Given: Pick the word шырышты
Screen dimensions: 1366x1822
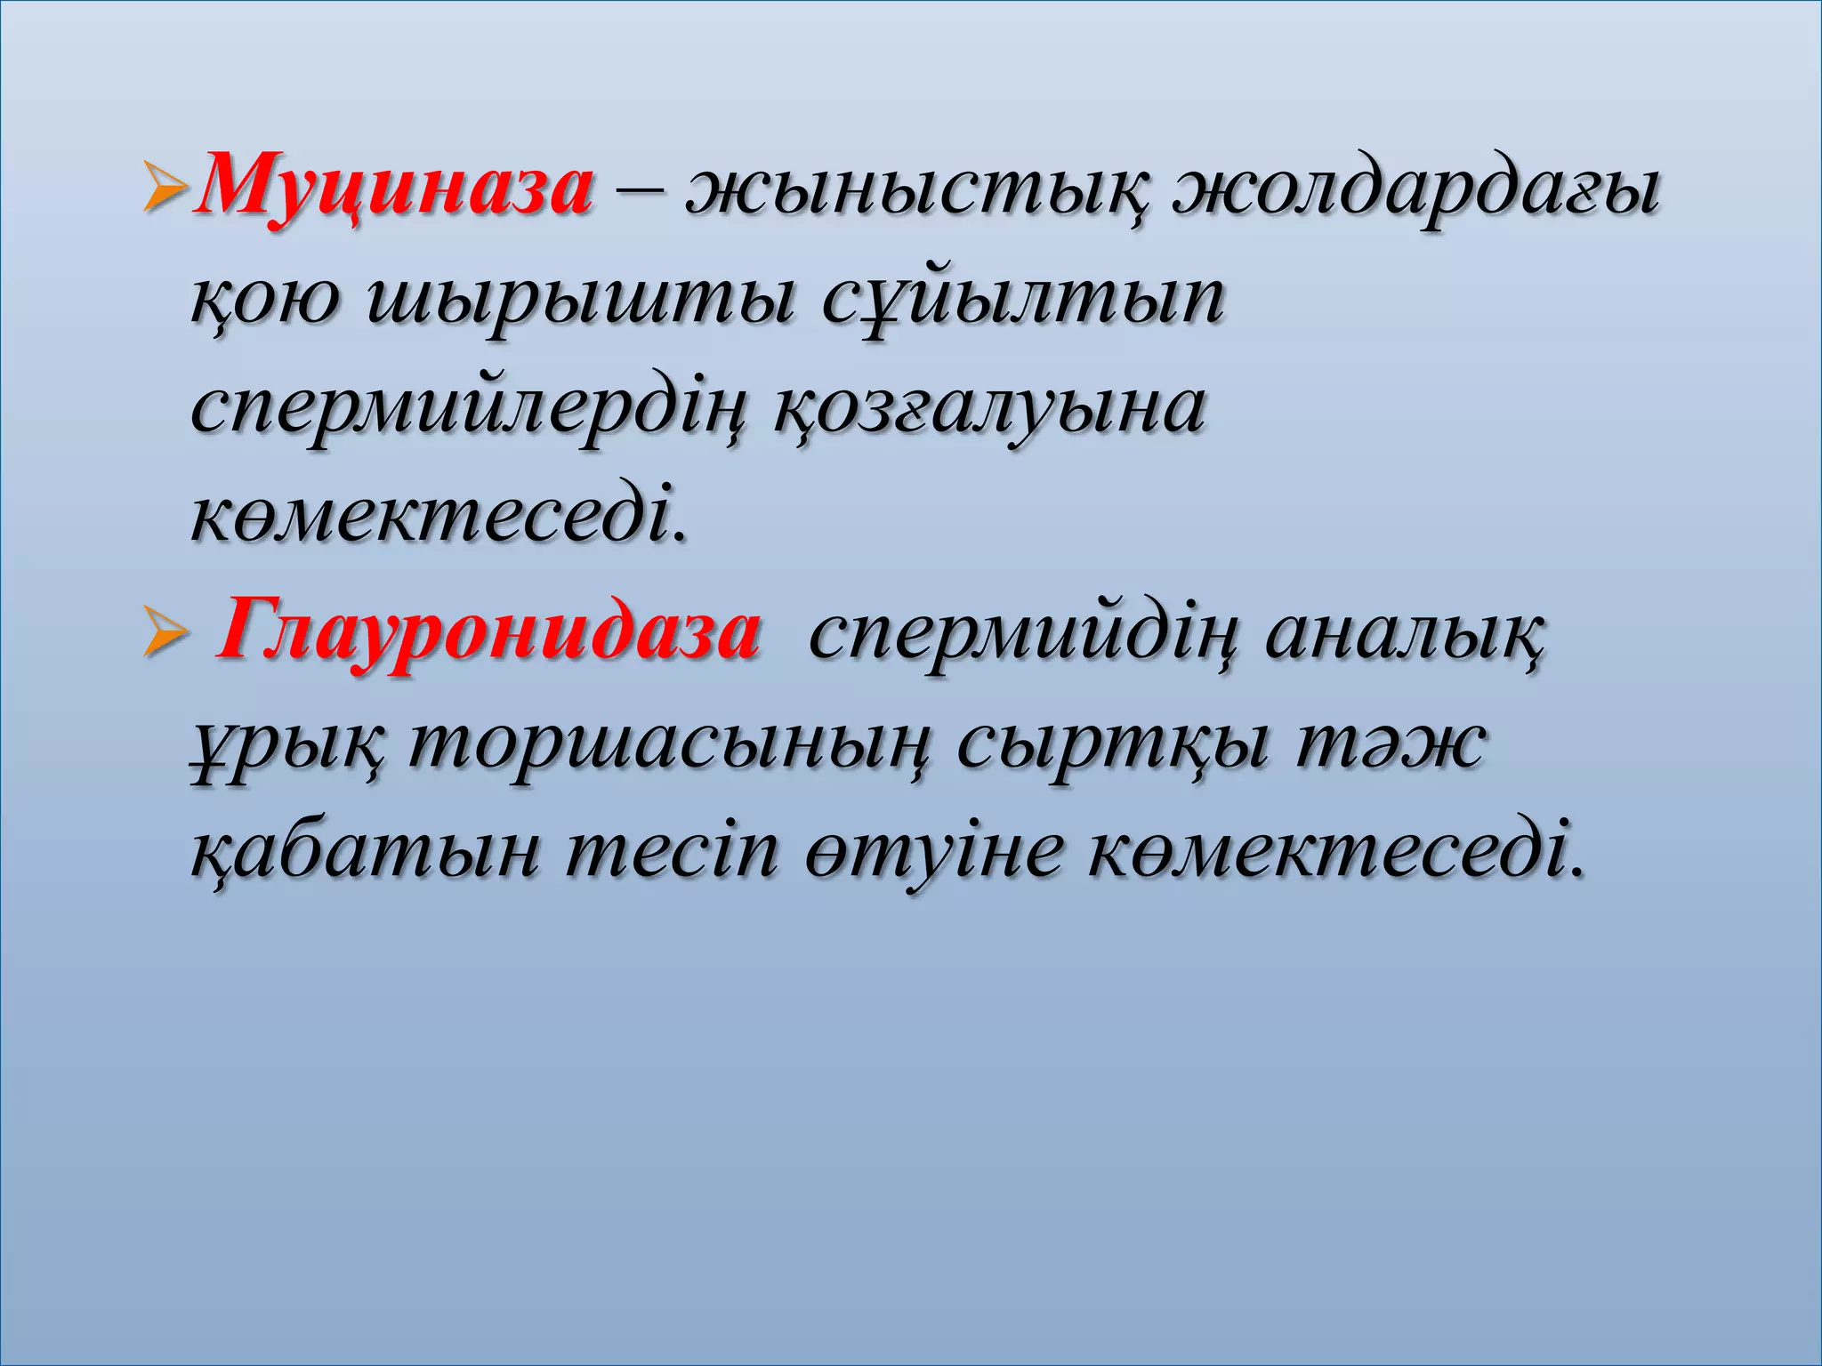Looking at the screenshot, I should point(579,301).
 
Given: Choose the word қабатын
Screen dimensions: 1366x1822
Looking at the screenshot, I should point(366,856).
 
